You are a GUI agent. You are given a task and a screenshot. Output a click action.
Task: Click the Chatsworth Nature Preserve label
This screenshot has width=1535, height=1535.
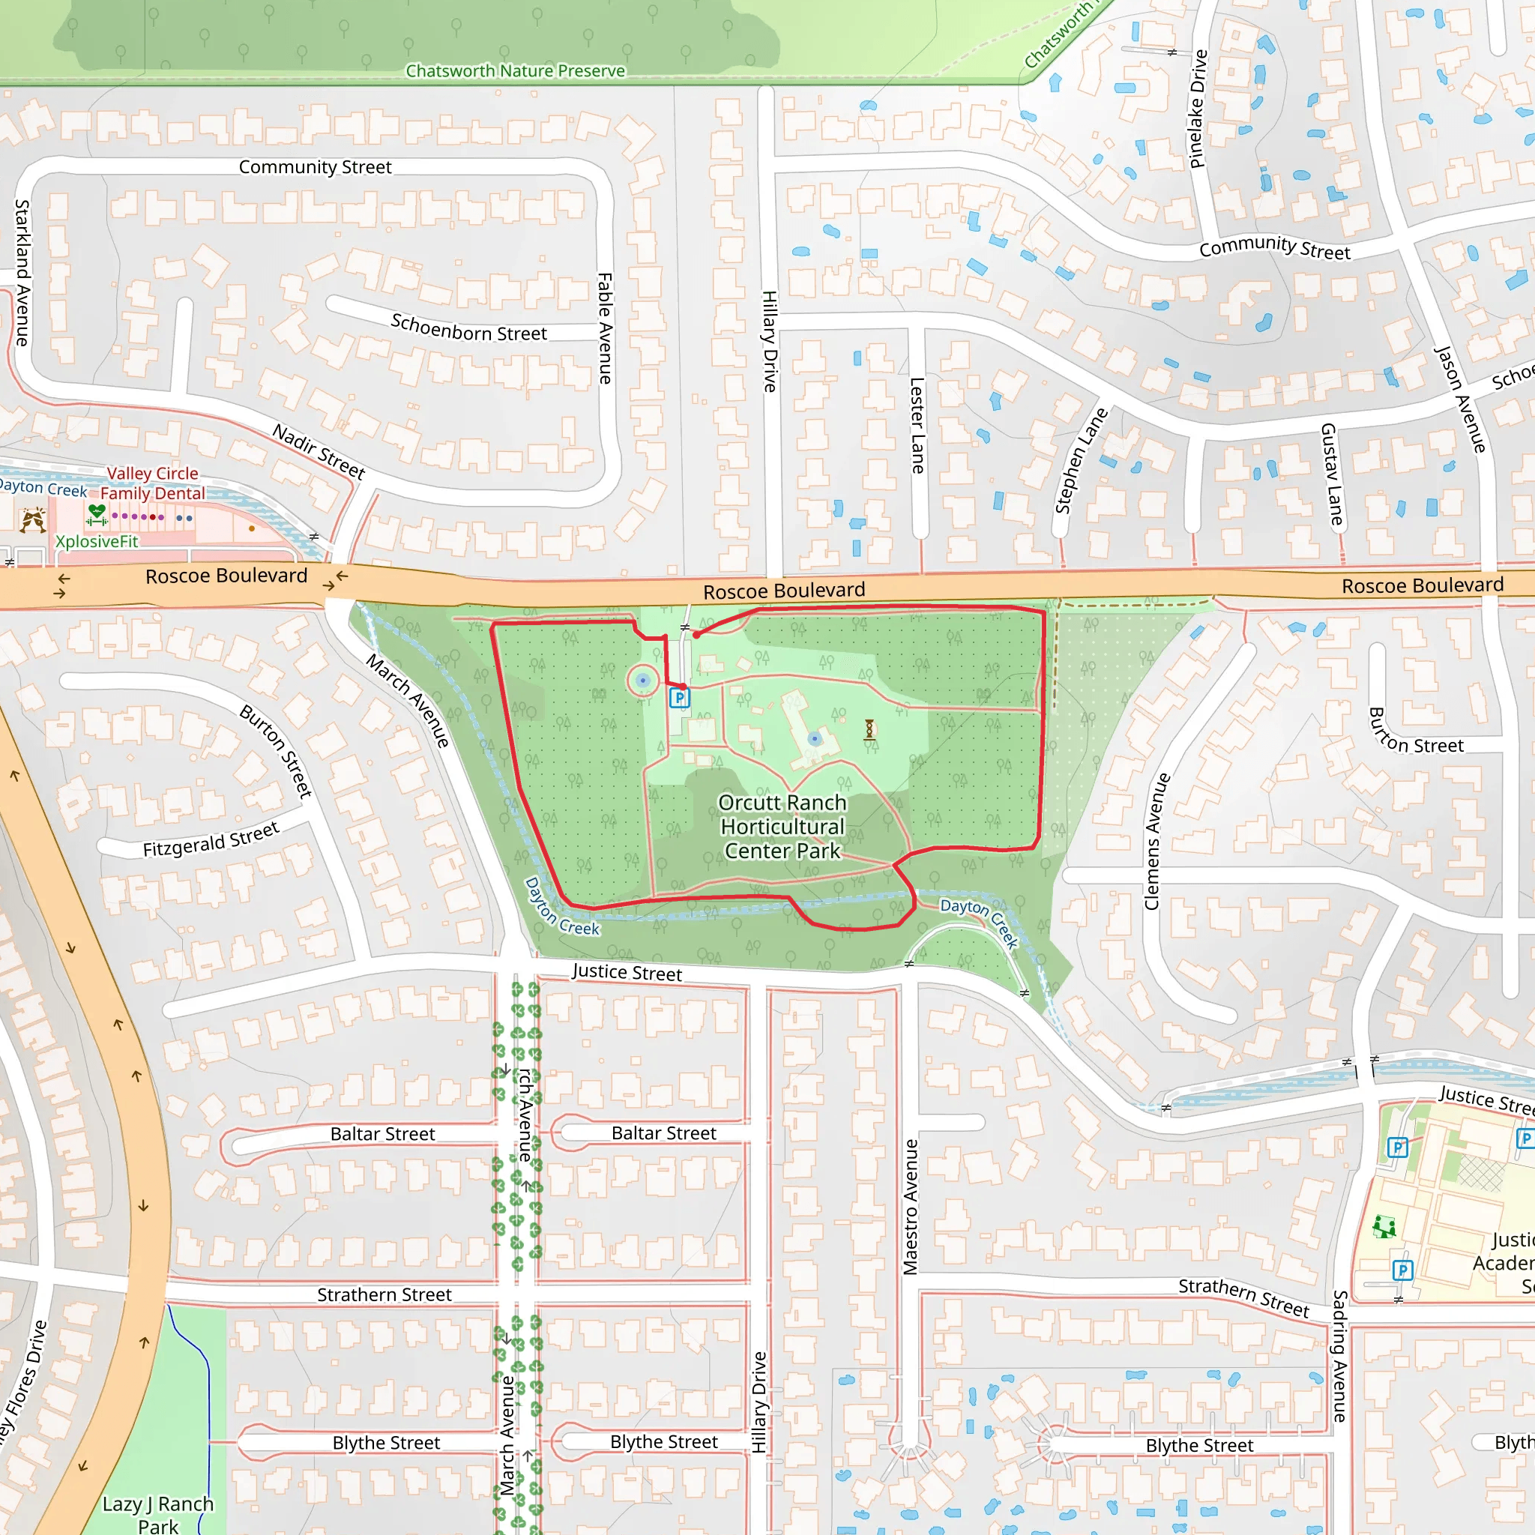[515, 71]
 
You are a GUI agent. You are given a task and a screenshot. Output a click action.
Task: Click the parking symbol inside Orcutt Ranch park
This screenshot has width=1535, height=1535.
[679, 698]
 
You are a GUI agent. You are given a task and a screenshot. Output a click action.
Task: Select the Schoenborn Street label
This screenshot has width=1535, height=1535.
[468, 328]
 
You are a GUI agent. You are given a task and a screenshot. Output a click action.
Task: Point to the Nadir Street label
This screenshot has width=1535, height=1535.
[319, 451]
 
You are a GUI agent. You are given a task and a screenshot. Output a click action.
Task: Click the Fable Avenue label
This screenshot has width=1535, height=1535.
[606, 328]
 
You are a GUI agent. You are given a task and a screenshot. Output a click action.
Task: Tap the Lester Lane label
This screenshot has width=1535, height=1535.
[917, 425]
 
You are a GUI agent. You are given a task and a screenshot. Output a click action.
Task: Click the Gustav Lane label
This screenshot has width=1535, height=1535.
[1332, 474]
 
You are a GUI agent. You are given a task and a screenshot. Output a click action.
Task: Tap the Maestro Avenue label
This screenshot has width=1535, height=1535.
[911, 1207]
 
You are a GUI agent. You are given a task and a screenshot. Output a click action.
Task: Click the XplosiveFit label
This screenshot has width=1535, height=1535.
[96, 541]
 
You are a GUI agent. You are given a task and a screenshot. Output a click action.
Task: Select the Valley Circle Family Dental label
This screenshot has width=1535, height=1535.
[153, 483]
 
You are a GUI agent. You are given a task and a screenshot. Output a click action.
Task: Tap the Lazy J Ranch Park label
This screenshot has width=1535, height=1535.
[158, 1513]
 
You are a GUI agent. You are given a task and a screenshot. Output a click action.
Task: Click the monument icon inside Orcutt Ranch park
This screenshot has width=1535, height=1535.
[869, 729]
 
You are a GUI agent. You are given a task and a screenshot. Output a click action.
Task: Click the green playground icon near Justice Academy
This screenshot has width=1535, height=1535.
[1384, 1227]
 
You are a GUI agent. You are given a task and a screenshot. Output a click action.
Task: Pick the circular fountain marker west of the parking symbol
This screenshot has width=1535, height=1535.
[643, 681]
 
